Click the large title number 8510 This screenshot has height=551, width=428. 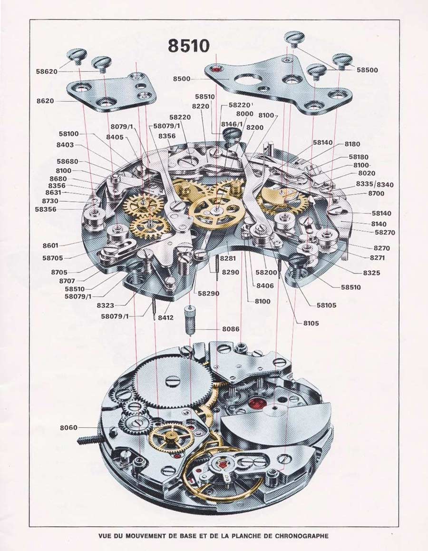pyautogui.click(x=188, y=46)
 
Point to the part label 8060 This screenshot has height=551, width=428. pyautogui.click(x=68, y=428)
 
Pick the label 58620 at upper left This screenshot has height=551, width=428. pyautogui.click(x=47, y=72)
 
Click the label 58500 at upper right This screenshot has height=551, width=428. pyautogui.click(x=367, y=69)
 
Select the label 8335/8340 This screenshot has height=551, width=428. pyautogui.click(x=374, y=184)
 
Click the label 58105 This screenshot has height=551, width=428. pyautogui.click(x=326, y=305)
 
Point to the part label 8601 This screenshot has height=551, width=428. pyautogui.click(x=50, y=246)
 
